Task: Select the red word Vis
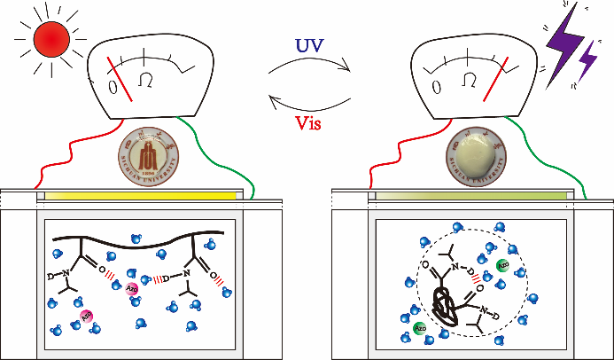(305, 123)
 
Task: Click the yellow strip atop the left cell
(142, 195)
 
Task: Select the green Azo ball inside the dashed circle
(502, 265)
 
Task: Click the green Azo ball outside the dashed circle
(419, 330)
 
